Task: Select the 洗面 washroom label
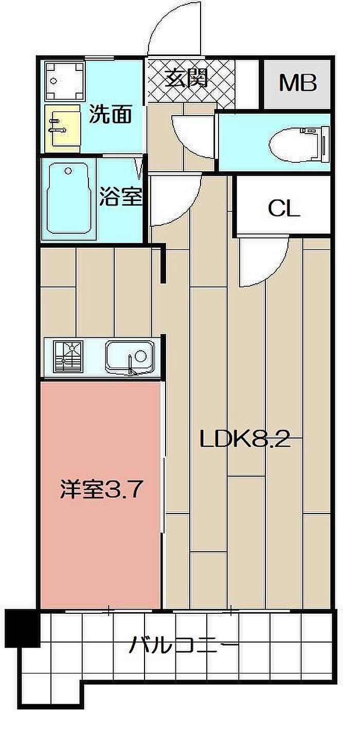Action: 111,114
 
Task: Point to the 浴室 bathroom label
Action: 121,196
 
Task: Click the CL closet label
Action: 284,209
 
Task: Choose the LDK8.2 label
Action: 245,441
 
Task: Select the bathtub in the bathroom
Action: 68,198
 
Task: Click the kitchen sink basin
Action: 130,357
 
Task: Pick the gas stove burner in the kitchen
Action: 68,356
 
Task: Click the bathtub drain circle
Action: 68,171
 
